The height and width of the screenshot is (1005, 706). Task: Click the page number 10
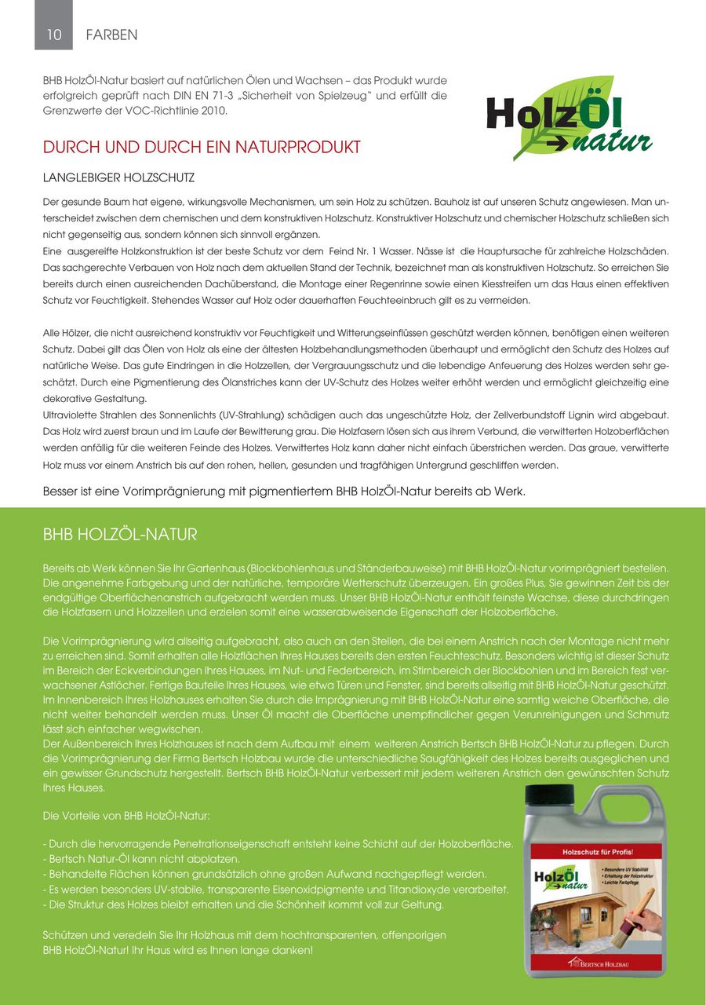point(53,35)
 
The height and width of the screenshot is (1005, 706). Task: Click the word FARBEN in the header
point(111,35)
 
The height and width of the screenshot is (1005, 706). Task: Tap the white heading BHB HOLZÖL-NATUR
point(119,535)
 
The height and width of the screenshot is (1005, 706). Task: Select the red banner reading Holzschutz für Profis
point(597,851)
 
